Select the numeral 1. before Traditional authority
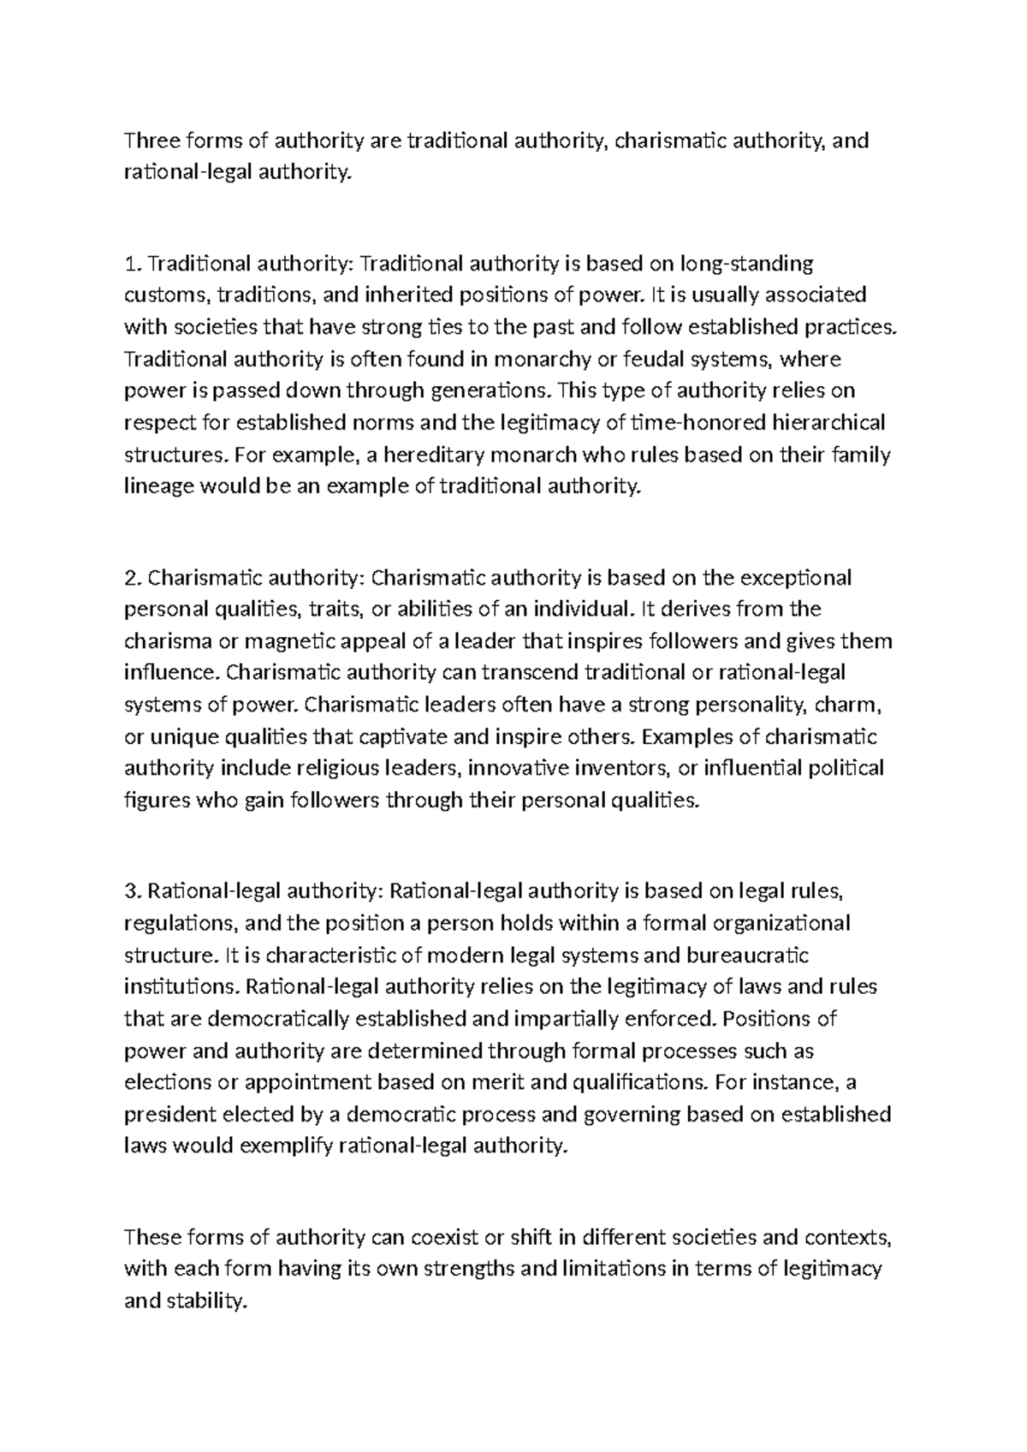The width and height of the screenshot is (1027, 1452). [130, 263]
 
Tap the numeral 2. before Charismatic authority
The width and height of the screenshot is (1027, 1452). [132, 578]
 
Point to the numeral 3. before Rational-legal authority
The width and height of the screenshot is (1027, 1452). [132, 892]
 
